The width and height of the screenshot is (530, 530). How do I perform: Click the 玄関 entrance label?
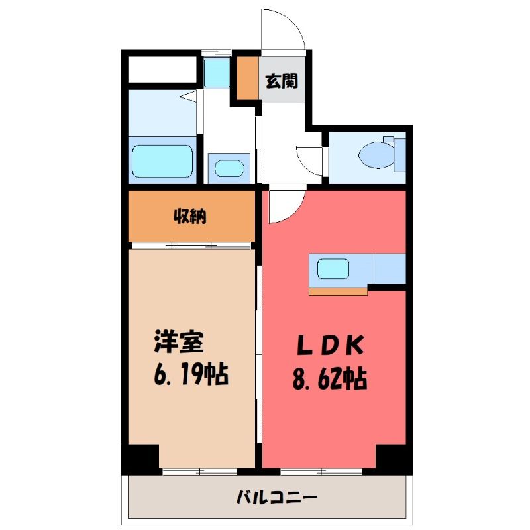[x=281, y=81]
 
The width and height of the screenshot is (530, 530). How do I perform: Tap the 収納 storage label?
[x=190, y=216]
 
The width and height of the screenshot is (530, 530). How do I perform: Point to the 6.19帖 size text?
[x=191, y=374]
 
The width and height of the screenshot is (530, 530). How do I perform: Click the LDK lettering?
[x=330, y=345]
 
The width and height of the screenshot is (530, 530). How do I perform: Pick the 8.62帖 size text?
[x=329, y=379]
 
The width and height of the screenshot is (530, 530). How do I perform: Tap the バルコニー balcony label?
[x=277, y=498]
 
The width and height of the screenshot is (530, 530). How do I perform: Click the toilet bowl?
[x=376, y=156]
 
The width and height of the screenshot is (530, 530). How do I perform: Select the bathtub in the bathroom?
[x=162, y=161]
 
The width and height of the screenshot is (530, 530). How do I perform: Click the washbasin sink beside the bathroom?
[x=229, y=168]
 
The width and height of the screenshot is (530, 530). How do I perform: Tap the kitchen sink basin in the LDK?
[x=333, y=269]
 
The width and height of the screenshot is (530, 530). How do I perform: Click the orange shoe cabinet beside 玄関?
[x=248, y=78]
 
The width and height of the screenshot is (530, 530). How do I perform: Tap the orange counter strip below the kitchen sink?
[x=338, y=291]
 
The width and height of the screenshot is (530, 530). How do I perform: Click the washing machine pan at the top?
[x=217, y=73]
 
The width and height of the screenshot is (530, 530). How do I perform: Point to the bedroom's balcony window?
[x=200, y=472]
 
